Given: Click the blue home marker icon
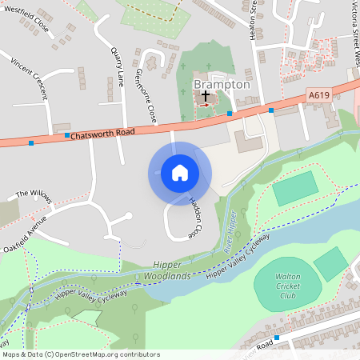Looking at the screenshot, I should pos(180,173).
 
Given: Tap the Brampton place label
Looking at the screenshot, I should pos(222,84).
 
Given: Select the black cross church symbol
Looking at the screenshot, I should pos(206,94).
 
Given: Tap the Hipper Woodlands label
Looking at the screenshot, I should pos(168,271).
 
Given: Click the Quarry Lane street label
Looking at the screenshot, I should pos(121,48).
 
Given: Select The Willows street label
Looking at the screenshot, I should pos(33,194).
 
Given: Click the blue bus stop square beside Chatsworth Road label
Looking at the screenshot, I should pos(67,136).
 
